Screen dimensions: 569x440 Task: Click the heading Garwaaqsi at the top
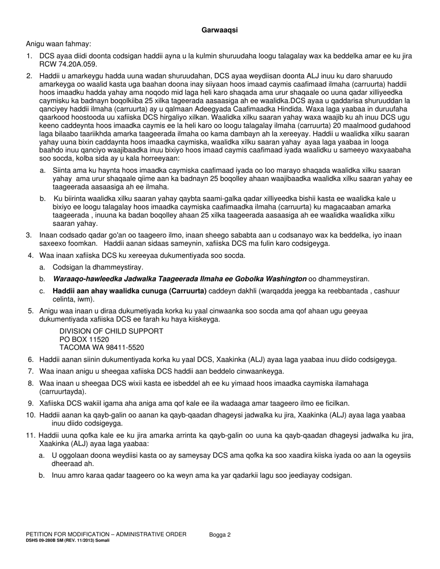point(220,31)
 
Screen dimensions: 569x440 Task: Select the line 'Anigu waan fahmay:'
point(58,44)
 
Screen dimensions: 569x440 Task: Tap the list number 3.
point(29,235)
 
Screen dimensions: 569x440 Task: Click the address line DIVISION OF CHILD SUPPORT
point(111,331)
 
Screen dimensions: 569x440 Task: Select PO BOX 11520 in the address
point(84,339)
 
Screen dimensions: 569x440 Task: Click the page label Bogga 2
point(220,535)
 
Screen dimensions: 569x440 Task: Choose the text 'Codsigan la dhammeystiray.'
point(98,267)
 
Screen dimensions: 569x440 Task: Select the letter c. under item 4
point(42,291)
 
